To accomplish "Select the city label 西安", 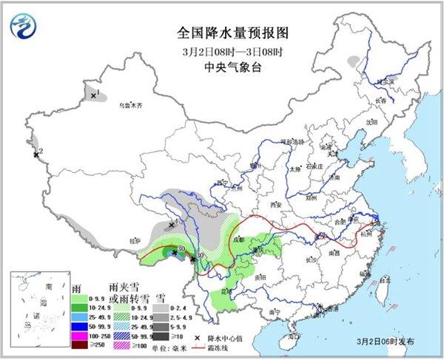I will [277, 203].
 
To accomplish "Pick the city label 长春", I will [380, 101].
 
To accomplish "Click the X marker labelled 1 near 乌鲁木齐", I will [93, 96].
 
